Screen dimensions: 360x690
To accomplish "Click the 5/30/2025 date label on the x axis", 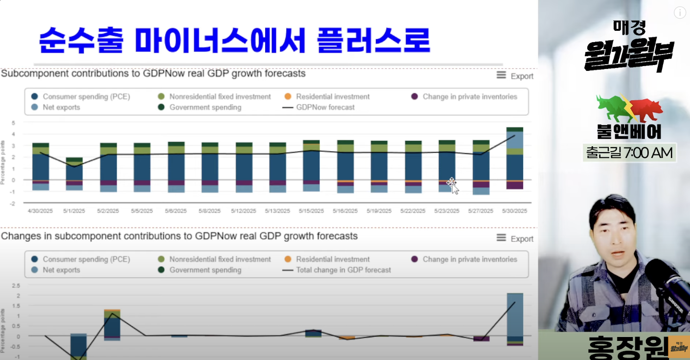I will tap(514, 211).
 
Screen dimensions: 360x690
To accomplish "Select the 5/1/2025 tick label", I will tap(74, 211).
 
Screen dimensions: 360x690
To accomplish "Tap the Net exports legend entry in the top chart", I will tap(61, 107).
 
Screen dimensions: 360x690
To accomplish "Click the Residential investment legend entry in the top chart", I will tap(332, 97).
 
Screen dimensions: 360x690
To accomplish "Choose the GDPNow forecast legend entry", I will tap(325, 107).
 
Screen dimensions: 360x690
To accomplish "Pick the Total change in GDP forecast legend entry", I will tap(343, 270).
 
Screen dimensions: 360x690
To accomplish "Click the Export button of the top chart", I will tap(515, 76).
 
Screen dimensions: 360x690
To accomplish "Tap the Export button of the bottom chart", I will tap(515, 238).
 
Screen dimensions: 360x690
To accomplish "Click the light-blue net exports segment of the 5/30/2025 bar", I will tap(514, 140).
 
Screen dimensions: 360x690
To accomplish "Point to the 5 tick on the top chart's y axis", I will tap(13, 123).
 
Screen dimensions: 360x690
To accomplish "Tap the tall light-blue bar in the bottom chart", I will tap(515, 315).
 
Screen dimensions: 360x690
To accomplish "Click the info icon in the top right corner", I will tap(680, 13).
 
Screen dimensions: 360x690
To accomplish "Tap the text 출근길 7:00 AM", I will tap(629, 153).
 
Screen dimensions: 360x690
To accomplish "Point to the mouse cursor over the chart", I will tap(453, 185).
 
